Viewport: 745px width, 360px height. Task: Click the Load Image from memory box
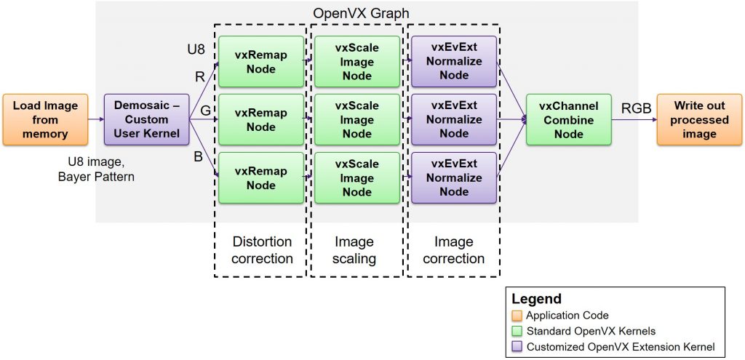[x=45, y=119]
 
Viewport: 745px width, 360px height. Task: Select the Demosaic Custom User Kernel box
[x=147, y=119]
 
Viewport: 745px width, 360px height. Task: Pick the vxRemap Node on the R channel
[x=260, y=61]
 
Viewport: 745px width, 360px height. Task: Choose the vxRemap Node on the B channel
[x=260, y=177]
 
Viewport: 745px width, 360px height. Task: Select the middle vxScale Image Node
[x=356, y=119]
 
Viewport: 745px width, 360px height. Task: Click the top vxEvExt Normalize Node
[x=453, y=61]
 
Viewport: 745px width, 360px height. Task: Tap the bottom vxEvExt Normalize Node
[x=453, y=177]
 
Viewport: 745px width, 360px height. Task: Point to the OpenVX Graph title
[x=361, y=13]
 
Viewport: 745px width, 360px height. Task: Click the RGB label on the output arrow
[x=636, y=109]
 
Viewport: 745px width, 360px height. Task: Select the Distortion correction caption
[x=262, y=249]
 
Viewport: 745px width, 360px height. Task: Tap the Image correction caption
[x=453, y=249]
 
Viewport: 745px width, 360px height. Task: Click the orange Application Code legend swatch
[x=517, y=315]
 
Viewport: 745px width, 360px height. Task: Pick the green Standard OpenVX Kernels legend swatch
[x=517, y=331]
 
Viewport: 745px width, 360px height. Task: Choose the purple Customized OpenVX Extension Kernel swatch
[x=517, y=346]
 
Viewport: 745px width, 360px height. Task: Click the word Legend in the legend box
[x=537, y=299]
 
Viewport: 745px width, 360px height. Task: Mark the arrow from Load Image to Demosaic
[x=96, y=120]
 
